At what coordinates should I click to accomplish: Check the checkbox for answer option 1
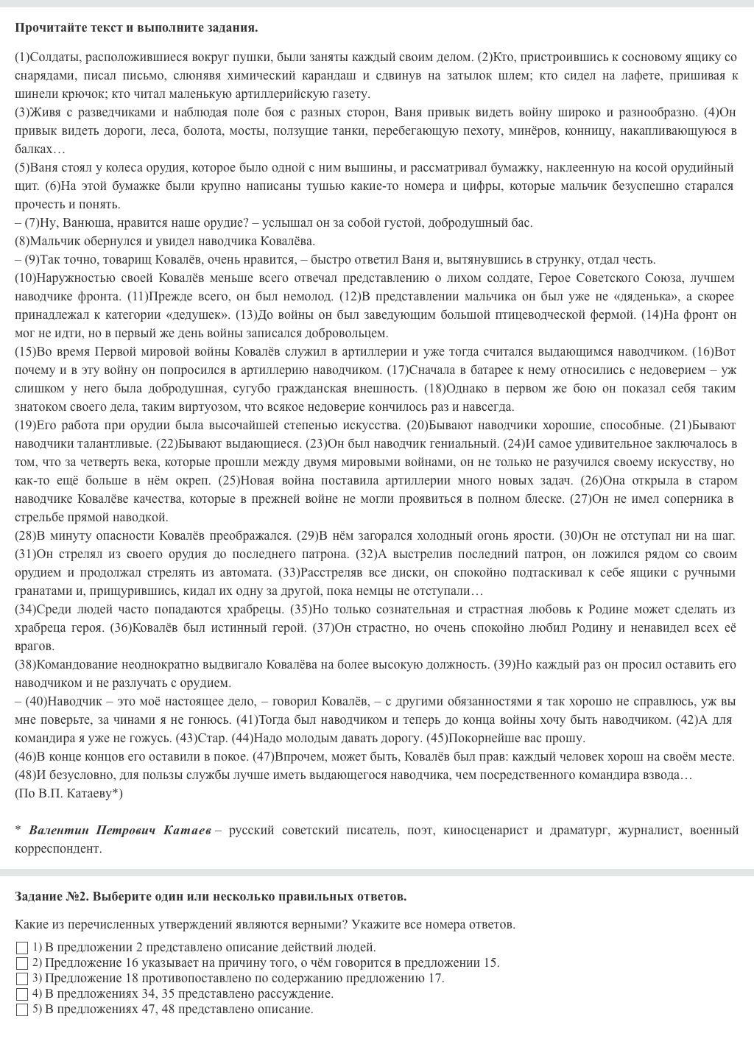pos(22,948)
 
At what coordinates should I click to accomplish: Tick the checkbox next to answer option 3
pos(22,979)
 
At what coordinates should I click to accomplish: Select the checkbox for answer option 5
pos(22,1010)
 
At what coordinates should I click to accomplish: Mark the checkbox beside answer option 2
pos(22,963)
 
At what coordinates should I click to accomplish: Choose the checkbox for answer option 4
pos(22,994)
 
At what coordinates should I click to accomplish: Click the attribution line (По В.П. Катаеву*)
pos(68,793)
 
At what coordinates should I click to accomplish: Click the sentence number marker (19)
pos(26,425)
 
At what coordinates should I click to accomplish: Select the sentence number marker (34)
pos(26,609)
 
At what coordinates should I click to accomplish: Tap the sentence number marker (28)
pos(26,535)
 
